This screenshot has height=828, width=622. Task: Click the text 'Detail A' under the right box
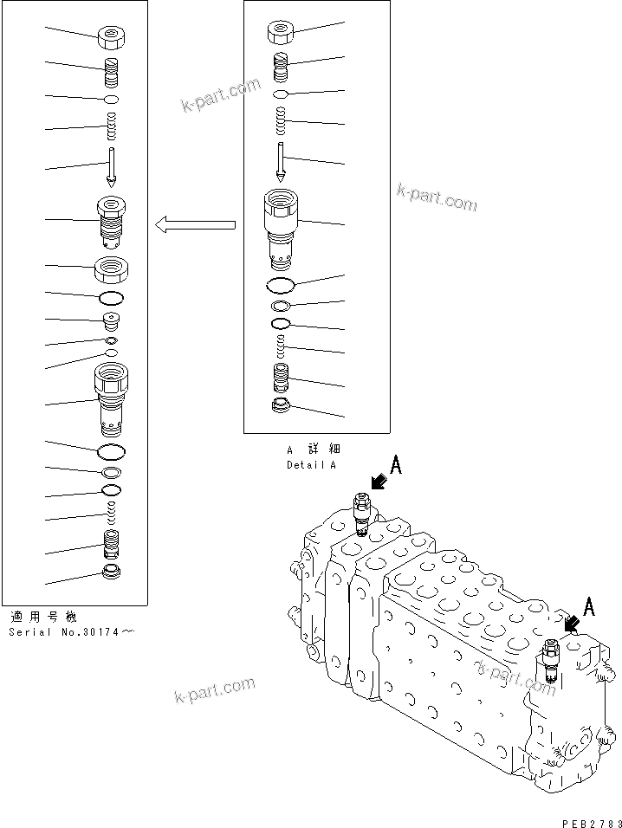[x=311, y=465]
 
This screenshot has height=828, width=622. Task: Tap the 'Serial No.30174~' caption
[x=72, y=632]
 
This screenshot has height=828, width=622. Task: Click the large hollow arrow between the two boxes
[x=196, y=226]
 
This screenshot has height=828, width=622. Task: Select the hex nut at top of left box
[x=111, y=37]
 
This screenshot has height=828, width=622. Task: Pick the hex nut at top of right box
[x=280, y=33]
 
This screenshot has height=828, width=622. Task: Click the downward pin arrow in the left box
[x=112, y=167]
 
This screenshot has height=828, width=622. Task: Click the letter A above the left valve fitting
[x=395, y=466]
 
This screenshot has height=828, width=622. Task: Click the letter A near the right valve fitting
[x=589, y=607]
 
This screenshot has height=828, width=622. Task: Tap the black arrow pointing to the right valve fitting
[x=570, y=623]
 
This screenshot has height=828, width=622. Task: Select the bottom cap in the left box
[x=111, y=572]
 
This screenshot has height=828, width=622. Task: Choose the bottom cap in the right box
[x=280, y=406]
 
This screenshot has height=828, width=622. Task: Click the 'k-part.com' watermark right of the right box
[x=437, y=198]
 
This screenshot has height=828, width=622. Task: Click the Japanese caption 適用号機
[x=42, y=618]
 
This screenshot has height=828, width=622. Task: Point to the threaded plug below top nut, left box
[x=111, y=72]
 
